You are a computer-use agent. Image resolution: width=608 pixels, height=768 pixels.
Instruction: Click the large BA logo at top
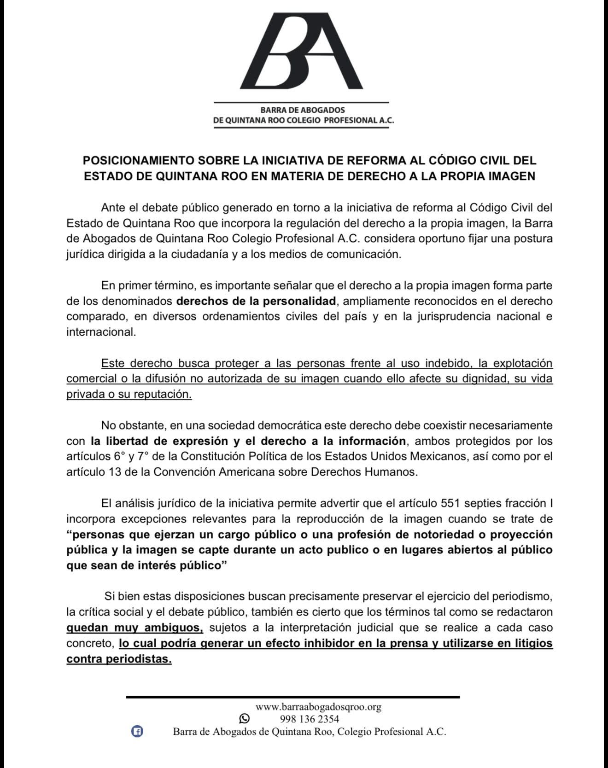tap(302, 52)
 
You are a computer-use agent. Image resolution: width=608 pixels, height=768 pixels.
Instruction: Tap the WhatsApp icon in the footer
tap(244, 719)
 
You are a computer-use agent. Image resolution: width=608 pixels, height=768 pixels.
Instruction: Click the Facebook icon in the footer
tap(137, 731)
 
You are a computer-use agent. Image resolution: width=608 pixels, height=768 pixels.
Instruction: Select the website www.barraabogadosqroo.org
tap(318, 707)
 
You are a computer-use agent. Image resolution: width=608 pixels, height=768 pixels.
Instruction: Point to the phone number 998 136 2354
tap(309, 719)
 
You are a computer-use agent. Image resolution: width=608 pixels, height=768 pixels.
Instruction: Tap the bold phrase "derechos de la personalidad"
tap(256, 301)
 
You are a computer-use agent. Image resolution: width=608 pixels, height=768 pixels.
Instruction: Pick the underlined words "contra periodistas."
tap(119, 659)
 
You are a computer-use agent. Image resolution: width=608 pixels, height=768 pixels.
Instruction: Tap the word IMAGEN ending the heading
tap(511, 176)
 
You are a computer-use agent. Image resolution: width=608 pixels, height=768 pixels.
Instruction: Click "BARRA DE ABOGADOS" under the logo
tap(302, 110)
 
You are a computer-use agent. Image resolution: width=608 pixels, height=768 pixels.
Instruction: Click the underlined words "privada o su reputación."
tap(129, 395)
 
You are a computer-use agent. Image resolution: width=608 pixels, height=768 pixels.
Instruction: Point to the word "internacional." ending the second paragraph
tap(101, 332)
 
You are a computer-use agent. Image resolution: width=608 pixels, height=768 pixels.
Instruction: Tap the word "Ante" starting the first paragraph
tap(112, 208)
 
